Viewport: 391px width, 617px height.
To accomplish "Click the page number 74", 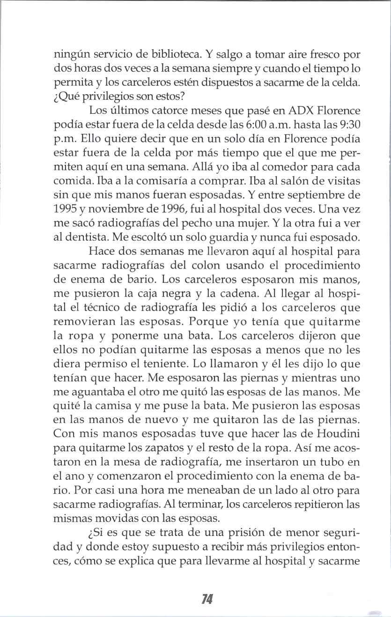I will coord(207,599).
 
